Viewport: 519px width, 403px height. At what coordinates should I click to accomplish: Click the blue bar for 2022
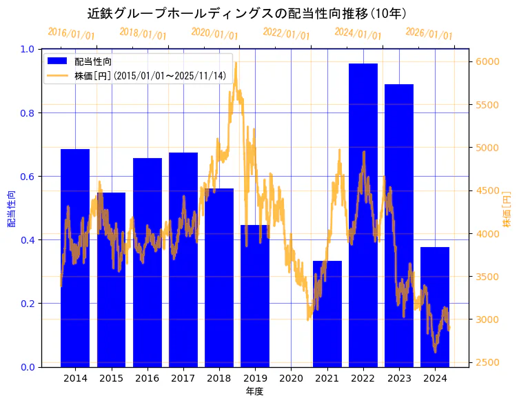[x=363, y=215]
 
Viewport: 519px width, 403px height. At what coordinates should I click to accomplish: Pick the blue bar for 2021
[x=327, y=313]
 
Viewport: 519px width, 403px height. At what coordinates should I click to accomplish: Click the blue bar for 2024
[x=435, y=306]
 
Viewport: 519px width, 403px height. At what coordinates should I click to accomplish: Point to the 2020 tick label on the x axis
[x=291, y=378]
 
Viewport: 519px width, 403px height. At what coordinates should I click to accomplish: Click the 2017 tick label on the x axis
[x=183, y=378]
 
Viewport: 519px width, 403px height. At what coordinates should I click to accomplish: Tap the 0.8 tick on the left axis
[x=28, y=112]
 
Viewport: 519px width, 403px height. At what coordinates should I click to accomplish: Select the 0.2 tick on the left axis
[x=28, y=303]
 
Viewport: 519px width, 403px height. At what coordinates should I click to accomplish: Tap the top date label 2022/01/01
[x=286, y=34]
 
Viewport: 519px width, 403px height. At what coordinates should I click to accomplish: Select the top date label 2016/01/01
[x=71, y=34]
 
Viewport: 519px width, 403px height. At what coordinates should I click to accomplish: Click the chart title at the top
[x=246, y=13]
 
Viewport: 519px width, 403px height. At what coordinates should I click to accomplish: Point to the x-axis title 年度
[x=255, y=391]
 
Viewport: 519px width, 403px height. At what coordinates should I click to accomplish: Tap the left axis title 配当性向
[x=11, y=208]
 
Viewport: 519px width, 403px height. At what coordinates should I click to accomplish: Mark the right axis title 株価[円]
[x=507, y=208]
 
